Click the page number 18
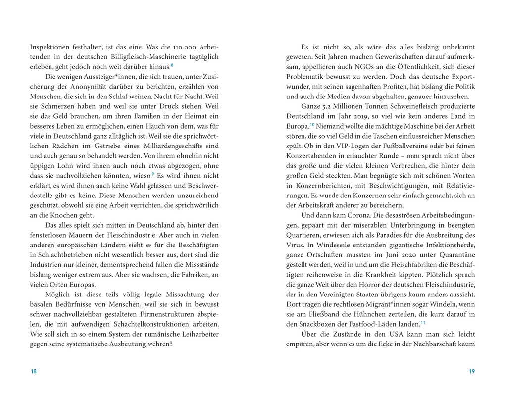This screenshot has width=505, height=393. coord(33,371)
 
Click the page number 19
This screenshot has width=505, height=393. coord(471,371)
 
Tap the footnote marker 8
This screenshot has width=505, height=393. coord(172,65)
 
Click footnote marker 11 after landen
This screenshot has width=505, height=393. coord(423,322)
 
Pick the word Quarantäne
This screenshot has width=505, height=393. coord(454,255)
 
